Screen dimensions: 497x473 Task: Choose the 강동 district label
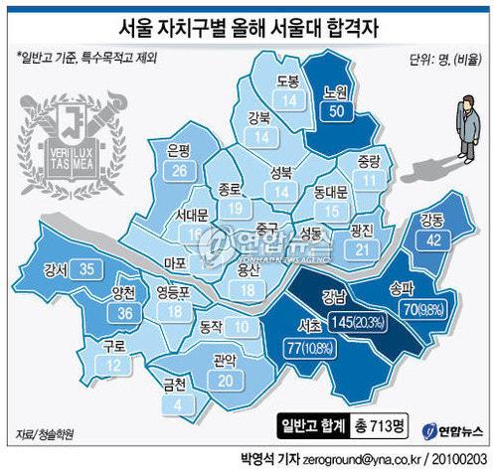coord(432,219)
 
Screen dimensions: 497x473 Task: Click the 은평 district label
coord(180,152)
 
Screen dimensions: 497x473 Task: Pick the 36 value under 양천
coord(124,314)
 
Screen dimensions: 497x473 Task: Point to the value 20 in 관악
coord(227,379)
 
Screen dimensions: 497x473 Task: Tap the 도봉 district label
coord(288,80)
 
